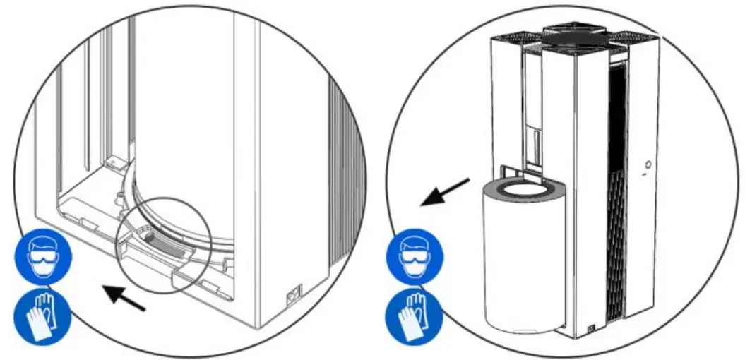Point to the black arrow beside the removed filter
[x=445, y=192]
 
